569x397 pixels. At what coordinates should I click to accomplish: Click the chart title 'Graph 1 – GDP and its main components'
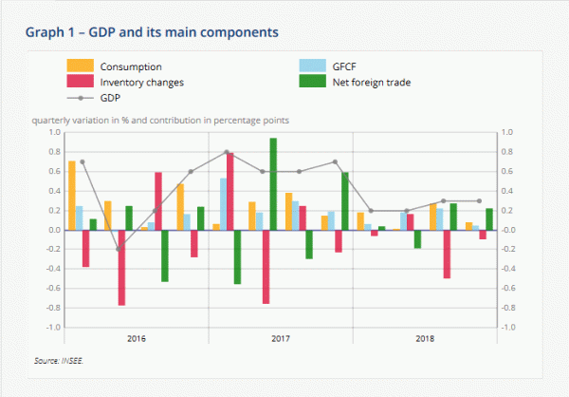click(152, 32)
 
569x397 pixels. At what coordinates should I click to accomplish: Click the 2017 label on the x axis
click(281, 338)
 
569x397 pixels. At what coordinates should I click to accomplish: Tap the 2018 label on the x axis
click(424, 338)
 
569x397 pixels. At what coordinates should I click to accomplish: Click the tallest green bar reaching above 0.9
click(273, 184)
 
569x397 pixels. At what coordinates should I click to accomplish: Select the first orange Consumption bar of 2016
click(71, 196)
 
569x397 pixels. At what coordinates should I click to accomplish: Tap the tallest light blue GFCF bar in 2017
click(224, 204)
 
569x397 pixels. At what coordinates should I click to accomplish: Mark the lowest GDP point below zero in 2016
click(119, 250)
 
